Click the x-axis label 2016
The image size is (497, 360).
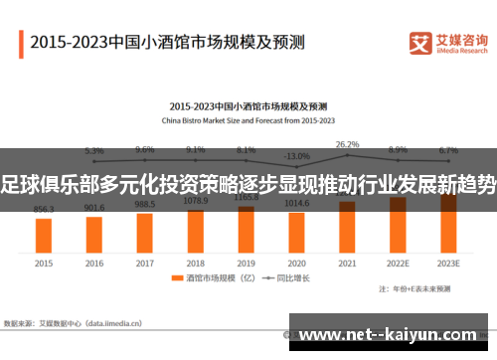tap(94, 264)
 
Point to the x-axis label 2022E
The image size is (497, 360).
tap(398, 264)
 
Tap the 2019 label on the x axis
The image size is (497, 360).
tap(247, 264)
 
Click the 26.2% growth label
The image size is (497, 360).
tap(347, 145)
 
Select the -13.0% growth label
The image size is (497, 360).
tap(296, 156)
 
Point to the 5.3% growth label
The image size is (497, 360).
tap(94, 150)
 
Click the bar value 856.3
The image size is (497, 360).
tap(44, 210)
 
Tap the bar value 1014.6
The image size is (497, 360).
tap(296, 203)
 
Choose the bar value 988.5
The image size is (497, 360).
tap(145, 204)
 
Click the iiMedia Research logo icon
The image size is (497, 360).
tap(421, 43)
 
